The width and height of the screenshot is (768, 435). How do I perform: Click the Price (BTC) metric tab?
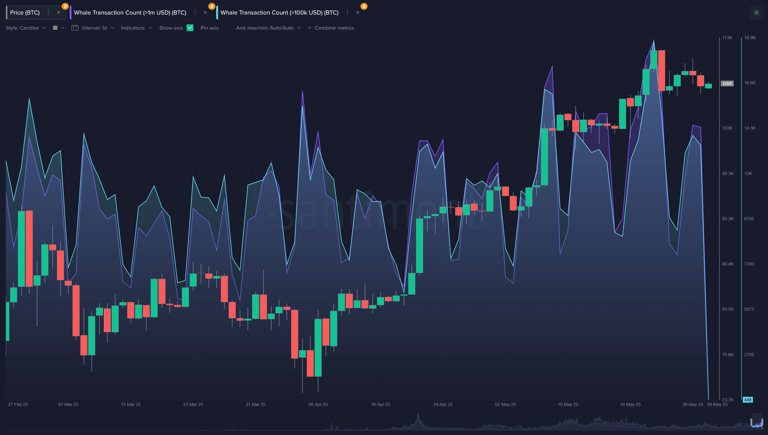point(25,12)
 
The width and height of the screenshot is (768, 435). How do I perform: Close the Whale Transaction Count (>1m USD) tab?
point(205,12)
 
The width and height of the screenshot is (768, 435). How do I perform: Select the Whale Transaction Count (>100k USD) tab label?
point(279,12)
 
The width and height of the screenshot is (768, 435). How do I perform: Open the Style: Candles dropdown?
point(26,28)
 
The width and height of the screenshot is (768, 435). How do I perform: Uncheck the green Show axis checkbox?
point(190,28)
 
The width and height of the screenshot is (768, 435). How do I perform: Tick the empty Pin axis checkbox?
point(226,28)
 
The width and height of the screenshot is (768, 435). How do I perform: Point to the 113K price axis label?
point(727,38)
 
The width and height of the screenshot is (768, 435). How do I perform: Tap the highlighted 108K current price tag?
point(727,84)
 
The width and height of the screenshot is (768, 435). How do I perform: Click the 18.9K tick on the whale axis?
point(750,38)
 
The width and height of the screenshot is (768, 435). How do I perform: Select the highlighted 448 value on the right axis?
point(747,400)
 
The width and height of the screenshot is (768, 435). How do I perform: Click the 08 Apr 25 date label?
point(318,405)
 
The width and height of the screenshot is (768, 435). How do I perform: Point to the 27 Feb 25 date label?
point(18,405)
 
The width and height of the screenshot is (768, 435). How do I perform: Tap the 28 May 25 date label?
point(717,405)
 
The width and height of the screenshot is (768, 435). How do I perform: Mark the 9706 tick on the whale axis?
point(749,219)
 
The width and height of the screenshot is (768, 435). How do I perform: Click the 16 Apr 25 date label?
point(380,405)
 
